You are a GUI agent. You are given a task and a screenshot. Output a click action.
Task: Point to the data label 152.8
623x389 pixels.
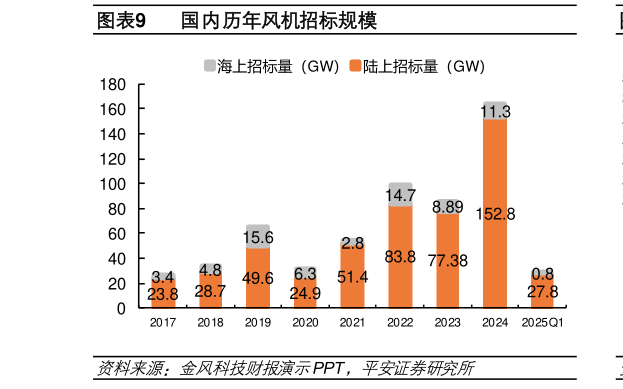tap(495, 213)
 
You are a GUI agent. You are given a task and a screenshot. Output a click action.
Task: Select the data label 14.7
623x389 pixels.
tap(400, 196)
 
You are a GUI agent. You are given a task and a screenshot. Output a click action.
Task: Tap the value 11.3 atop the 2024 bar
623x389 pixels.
tap(495, 112)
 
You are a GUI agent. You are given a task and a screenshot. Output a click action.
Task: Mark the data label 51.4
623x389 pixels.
tap(352, 276)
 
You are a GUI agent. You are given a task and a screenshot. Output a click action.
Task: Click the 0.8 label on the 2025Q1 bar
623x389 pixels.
tap(543, 273)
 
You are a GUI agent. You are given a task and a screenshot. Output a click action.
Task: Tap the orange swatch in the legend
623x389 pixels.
tap(356, 67)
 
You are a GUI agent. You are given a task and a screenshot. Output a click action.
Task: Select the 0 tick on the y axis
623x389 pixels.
tap(121, 308)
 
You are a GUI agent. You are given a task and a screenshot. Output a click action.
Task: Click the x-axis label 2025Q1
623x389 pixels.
tap(543, 323)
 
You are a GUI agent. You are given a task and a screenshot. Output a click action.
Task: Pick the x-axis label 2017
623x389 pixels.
tap(163, 323)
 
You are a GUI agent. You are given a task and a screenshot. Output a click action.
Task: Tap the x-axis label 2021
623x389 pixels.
tap(352, 323)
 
